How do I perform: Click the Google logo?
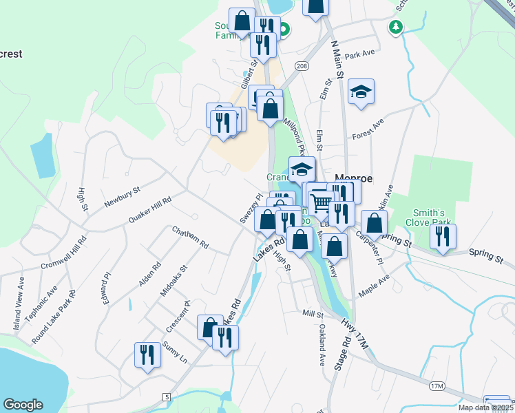(x=23, y=405)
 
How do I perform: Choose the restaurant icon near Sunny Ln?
(x=147, y=354)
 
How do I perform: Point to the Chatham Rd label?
(x=190, y=237)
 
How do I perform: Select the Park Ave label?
(x=359, y=54)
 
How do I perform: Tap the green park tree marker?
(x=395, y=26)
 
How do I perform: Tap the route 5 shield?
(x=167, y=397)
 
